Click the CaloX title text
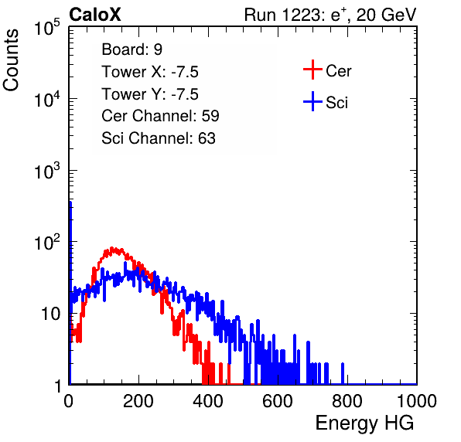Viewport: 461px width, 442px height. pyautogui.click(x=95, y=14)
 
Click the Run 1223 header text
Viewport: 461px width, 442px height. pyautogui.click(x=330, y=15)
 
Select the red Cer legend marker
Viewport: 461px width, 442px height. pyautogui.click(x=312, y=70)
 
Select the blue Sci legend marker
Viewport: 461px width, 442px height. pyautogui.click(x=312, y=101)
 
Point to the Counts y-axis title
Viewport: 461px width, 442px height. pyautogui.click(x=11, y=60)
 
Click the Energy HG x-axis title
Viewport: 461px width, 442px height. pyautogui.click(x=364, y=423)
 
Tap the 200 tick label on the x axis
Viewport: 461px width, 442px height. pyautogui.click(x=138, y=401)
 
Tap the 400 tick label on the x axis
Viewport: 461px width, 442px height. pyautogui.click(x=208, y=401)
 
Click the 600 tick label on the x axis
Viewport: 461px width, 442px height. pyautogui.click(x=278, y=401)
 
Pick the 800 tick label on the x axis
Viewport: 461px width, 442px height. pyautogui.click(x=347, y=401)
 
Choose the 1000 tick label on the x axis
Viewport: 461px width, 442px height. pyautogui.click(x=417, y=401)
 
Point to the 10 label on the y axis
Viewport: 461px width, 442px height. pyautogui.click(x=50, y=314)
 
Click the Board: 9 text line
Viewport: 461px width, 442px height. pyautogui.click(x=131, y=49)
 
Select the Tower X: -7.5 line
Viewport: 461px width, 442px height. pyautogui.click(x=150, y=72)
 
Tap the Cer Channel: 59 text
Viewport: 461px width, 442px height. pyautogui.click(x=160, y=116)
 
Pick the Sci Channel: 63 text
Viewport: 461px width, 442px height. pyautogui.click(x=159, y=138)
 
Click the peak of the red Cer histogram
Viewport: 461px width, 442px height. pyautogui.click(x=112, y=249)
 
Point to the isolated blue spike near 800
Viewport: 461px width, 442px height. pyautogui.click(x=343, y=373)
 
